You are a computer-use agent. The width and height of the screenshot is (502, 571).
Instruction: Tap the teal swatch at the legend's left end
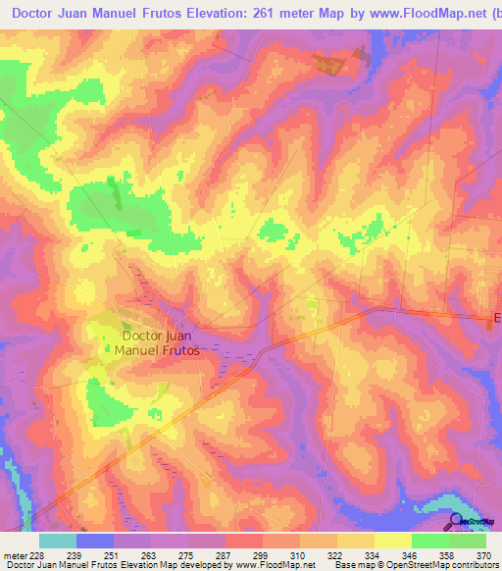pyautogui.click(x=57, y=541)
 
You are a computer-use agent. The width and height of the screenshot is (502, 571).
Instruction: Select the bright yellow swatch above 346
pyautogui.click(x=392, y=541)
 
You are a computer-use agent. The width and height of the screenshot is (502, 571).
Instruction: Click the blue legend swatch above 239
pyautogui.click(x=95, y=541)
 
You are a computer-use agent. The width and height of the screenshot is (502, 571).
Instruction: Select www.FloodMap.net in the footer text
pyautogui.click(x=274, y=565)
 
